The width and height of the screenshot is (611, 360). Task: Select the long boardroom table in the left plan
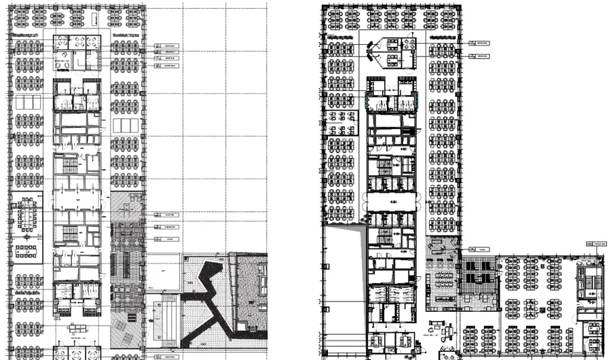pyautogui.click(x=27, y=213)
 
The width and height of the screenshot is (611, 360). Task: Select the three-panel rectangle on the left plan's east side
pyautogui.click(x=124, y=126)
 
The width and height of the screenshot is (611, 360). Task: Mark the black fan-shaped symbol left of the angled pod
pyautogui.click(x=371, y=48)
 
